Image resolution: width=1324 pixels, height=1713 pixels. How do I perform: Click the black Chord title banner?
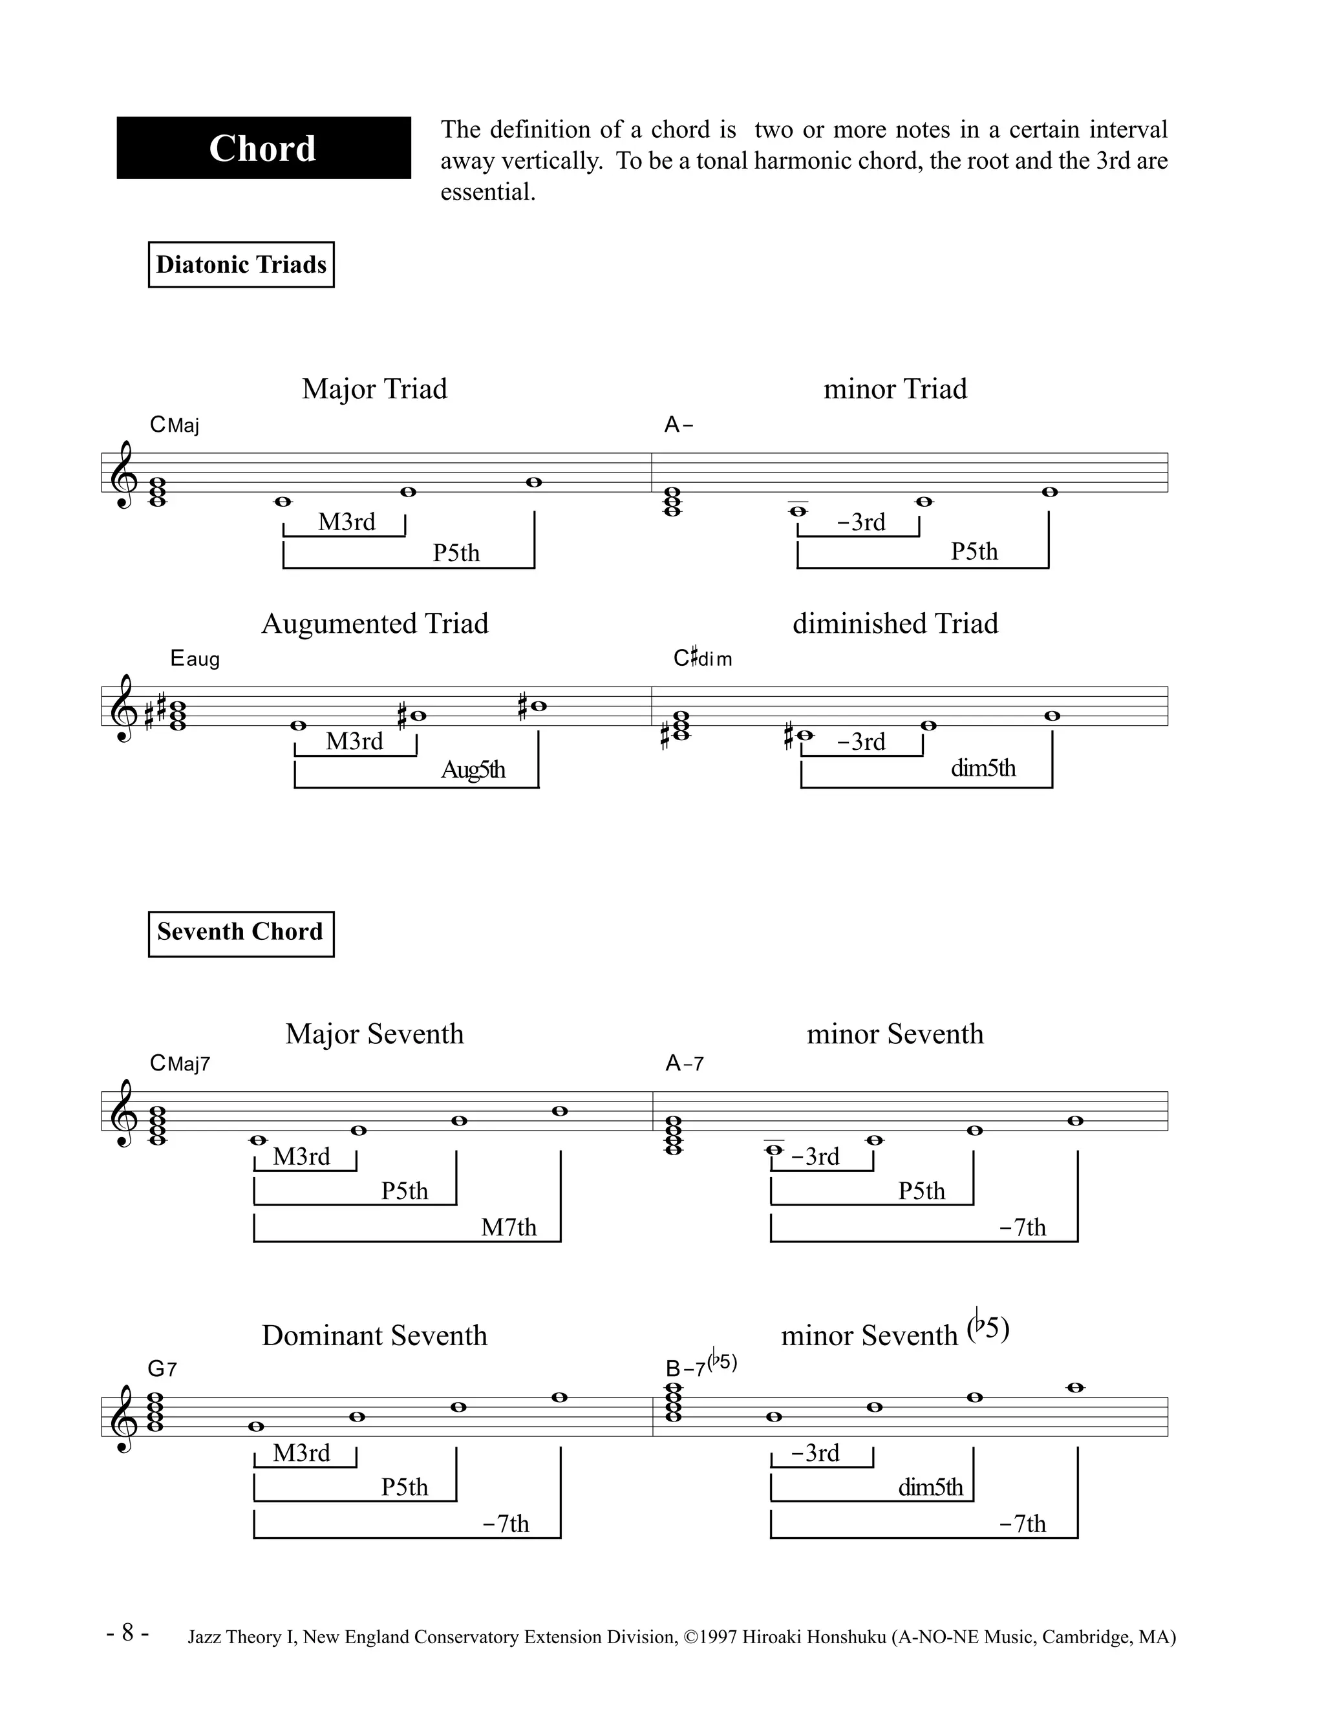[264, 148]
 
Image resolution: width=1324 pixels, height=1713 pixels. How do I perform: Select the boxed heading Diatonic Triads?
[240, 264]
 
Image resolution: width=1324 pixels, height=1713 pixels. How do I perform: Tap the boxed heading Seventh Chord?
[240, 933]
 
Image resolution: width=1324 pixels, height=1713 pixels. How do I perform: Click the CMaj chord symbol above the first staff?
[174, 425]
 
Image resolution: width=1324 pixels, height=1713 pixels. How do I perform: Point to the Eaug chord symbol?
[195, 659]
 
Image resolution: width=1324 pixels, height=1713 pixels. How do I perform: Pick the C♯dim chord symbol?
[702, 659]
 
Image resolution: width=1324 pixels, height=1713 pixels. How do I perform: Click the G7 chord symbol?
[162, 1368]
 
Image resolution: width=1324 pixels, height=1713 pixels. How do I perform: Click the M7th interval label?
[508, 1227]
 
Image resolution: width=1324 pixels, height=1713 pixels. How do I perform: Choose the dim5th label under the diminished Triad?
[983, 768]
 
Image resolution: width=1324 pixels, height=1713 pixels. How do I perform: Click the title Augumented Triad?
[374, 624]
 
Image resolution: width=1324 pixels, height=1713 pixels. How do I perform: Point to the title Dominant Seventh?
[374, 1335]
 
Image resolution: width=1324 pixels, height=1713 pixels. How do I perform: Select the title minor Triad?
[895, 389]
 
